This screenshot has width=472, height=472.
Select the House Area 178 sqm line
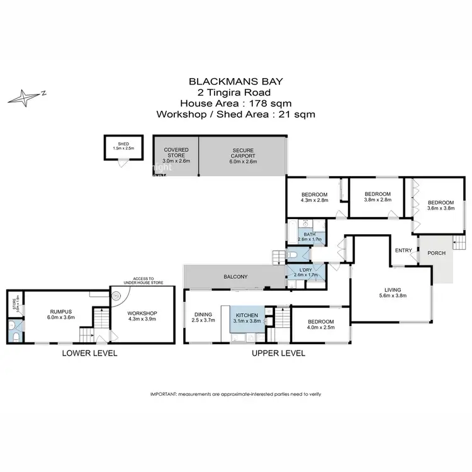coord(235,103)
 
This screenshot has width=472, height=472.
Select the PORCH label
coord(436,253)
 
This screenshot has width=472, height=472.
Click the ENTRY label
coord(403,250)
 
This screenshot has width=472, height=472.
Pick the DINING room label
coord(203,314)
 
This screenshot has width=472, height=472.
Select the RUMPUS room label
coord(62,310)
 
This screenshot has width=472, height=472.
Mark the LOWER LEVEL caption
coord(89,353)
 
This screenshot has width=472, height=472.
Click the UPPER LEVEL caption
coord(278,353)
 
